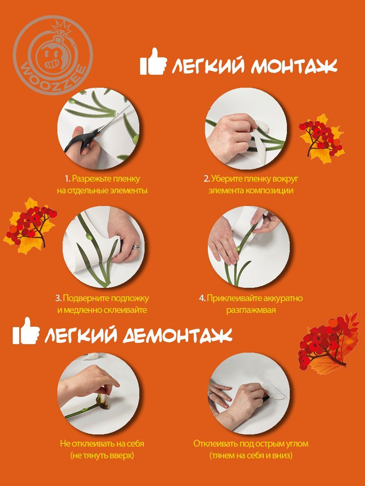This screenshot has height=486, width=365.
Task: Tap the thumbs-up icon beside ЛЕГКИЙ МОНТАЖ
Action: (153, 62)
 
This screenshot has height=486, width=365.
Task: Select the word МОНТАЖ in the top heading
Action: (294, 66)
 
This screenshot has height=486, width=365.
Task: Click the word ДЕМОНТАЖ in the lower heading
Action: (177, 335)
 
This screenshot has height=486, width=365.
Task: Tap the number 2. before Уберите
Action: (207, 179)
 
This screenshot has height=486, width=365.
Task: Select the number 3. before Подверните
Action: (58, 298)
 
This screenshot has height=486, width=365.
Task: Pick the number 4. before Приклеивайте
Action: (202, 298)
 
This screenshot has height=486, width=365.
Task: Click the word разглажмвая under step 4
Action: (251, 310)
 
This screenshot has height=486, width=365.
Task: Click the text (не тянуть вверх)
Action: (102, 455)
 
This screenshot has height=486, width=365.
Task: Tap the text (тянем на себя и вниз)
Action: (251, 455)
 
